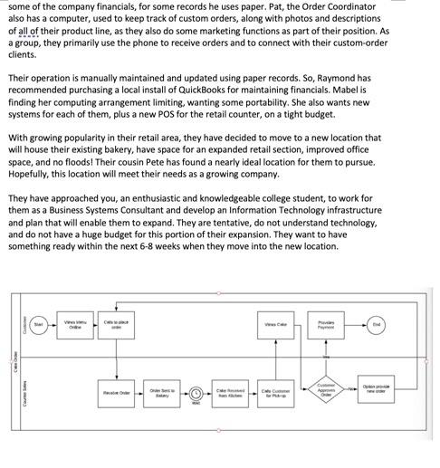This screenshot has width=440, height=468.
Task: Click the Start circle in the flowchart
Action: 38,323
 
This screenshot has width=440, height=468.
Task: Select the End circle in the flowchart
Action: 376,323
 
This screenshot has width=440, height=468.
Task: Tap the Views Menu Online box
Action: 76,323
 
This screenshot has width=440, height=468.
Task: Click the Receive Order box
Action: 117,392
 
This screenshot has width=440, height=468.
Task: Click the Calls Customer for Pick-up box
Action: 276,392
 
